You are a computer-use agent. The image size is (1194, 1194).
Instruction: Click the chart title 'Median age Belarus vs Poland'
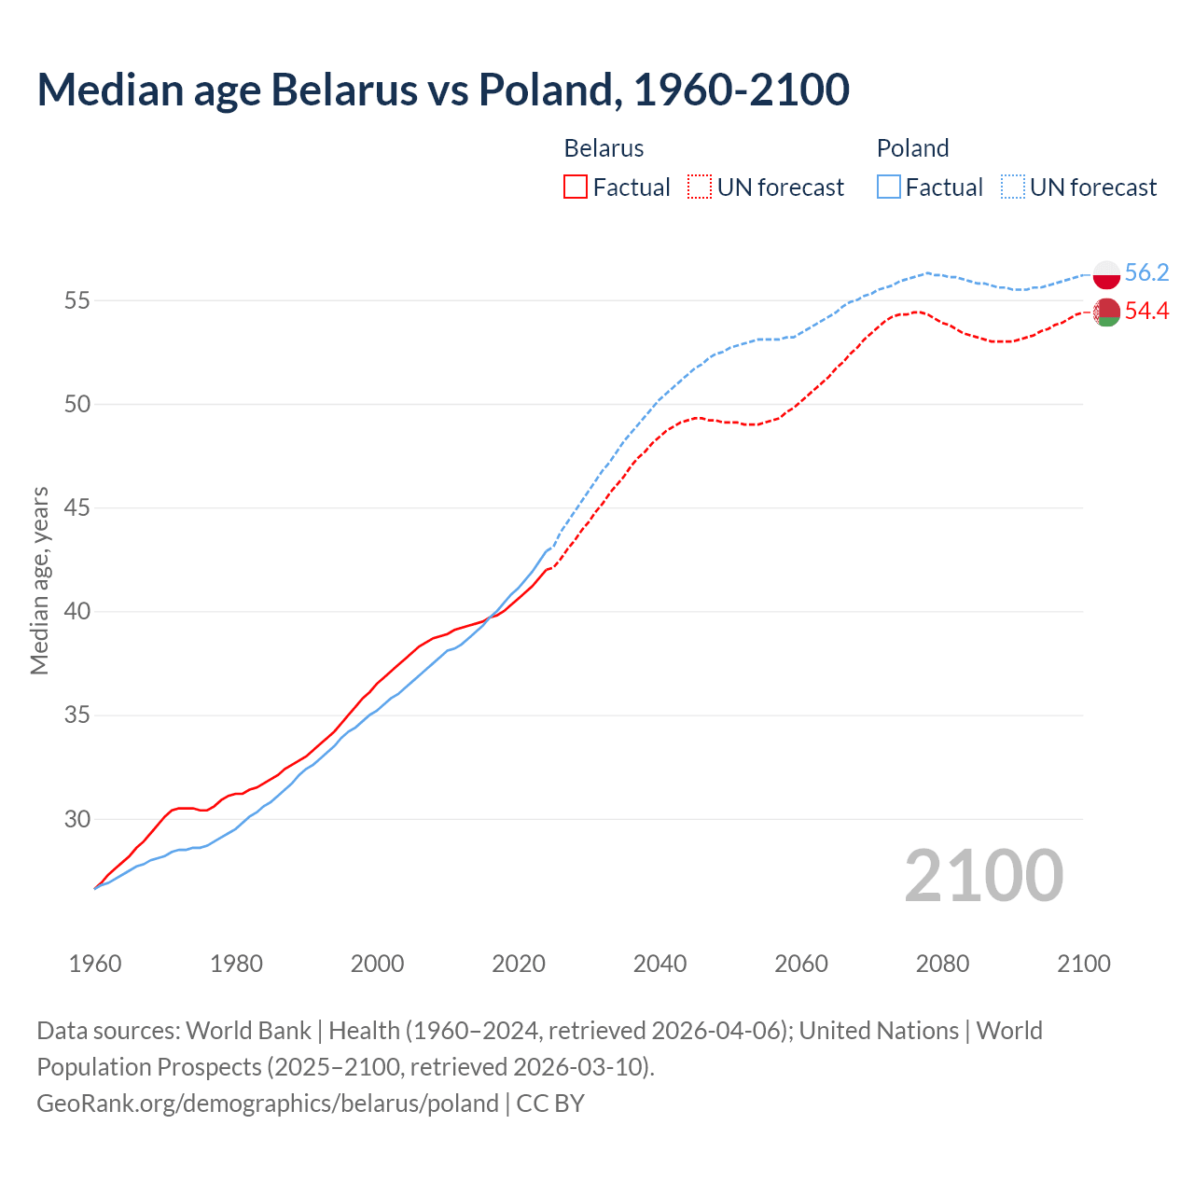442,90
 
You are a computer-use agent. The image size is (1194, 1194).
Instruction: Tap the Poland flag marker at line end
1106,274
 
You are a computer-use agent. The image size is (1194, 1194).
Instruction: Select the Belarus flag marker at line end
1106,312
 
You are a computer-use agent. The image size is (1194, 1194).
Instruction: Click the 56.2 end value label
1146,272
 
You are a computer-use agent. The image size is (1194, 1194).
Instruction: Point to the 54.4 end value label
1146,311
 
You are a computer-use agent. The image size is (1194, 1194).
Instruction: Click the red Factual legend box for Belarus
576,187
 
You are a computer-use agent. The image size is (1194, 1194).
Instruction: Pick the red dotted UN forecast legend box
700,187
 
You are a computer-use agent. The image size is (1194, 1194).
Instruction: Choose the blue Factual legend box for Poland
889,187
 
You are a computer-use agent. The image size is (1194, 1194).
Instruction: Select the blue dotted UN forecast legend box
1013,187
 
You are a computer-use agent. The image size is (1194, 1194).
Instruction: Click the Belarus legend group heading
604,148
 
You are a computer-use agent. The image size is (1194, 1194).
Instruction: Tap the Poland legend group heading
912,148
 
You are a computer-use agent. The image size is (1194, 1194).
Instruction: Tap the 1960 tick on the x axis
95,964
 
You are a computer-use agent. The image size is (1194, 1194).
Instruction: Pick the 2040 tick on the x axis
659,964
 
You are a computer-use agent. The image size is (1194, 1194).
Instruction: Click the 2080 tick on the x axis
942,964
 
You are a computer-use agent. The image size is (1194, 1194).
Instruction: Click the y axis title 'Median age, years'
39,580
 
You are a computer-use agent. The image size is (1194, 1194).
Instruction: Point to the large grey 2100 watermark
983,875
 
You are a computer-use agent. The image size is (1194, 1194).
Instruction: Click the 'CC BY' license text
550,1104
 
